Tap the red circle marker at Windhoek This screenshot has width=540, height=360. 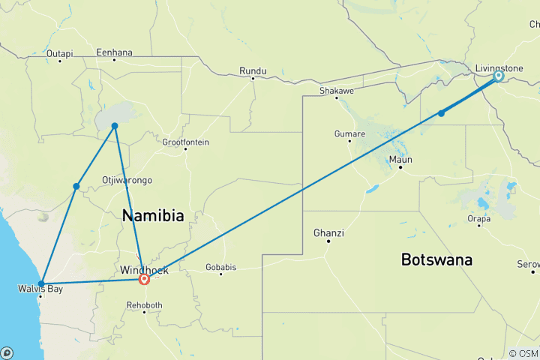tap(144, 280)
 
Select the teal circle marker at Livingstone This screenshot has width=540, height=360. tap(499, 76)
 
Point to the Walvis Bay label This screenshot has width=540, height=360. tap(40, 288)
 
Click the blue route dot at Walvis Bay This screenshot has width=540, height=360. tap(41, 284)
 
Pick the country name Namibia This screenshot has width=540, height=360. tap(153, 216)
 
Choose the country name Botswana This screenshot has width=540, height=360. tap(436, 260)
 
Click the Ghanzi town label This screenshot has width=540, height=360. tap(328, 233)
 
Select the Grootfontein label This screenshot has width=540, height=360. tap(186, 142)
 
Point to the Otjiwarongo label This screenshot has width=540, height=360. tap(127, 180)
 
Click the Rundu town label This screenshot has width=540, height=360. tap(253, 70)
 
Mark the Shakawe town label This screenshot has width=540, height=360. tap(336, 90)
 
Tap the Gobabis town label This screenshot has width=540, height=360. tap(220, 266)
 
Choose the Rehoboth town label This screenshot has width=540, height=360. tap(145, 305)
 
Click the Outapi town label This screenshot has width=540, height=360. tap(59, 53)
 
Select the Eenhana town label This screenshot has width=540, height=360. tap(114, 52)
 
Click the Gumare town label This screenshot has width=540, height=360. tap(350, 134)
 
